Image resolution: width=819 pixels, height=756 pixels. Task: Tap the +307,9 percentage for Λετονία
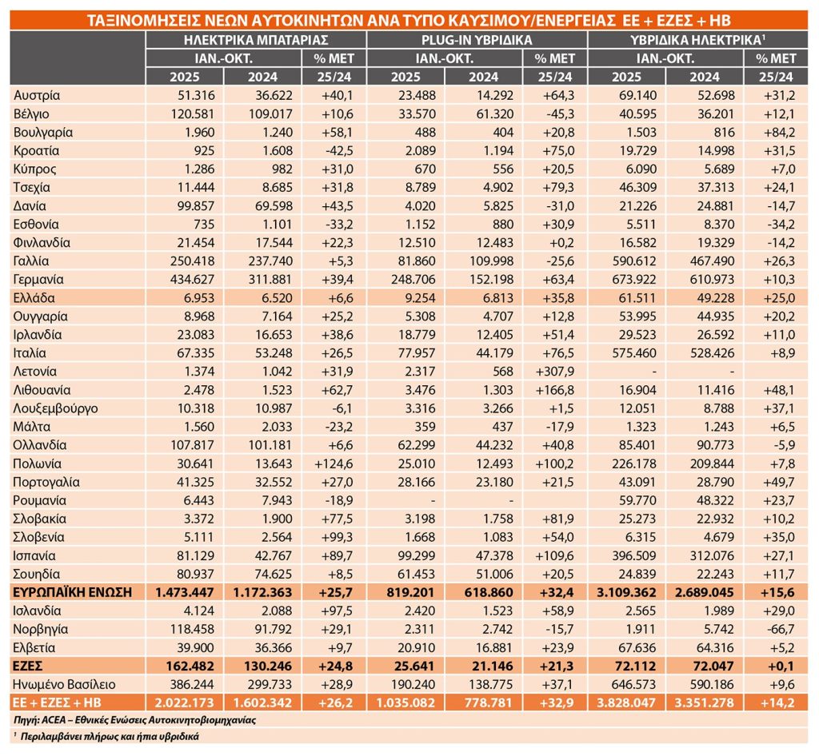553,372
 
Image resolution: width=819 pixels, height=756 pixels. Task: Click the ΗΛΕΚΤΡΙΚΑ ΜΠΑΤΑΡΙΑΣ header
255,40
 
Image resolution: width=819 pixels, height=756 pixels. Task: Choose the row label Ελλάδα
34,298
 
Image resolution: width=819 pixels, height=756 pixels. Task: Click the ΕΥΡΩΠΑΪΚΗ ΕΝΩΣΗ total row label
70,592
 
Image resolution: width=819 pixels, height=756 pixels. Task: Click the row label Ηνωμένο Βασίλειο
65,684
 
